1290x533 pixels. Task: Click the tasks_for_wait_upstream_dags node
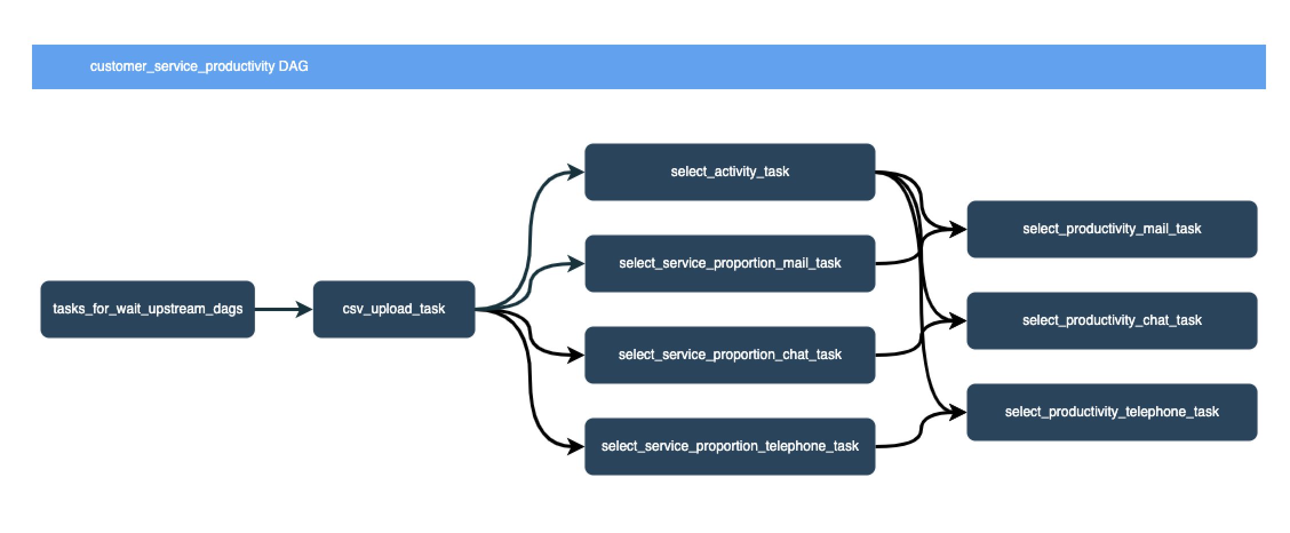[148, 309]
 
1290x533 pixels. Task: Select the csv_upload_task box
[394, 309]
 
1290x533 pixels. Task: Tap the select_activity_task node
[730, 172]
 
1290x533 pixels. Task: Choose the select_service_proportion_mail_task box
[730, 264]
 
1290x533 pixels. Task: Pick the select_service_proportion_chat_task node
[730, 355]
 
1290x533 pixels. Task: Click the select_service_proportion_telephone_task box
[730, 447]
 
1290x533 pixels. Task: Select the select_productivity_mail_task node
[1112, 229]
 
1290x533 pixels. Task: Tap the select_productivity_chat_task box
[1112, 321]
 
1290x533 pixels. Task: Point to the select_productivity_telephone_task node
[1112, 412]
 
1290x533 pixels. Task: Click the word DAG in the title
[293, 67]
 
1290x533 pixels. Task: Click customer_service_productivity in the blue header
[182, 67]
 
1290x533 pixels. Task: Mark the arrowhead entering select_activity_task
[575, 172]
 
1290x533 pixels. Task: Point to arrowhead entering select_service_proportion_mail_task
[575, 264]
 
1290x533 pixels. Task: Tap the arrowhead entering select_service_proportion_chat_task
[575, 355]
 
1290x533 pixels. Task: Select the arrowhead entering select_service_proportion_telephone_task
[575, 447]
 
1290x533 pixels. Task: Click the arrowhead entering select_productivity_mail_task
[957, 230]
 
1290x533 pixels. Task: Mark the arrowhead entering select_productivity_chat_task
[957, 321]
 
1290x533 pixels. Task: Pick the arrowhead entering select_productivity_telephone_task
[957, 412]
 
